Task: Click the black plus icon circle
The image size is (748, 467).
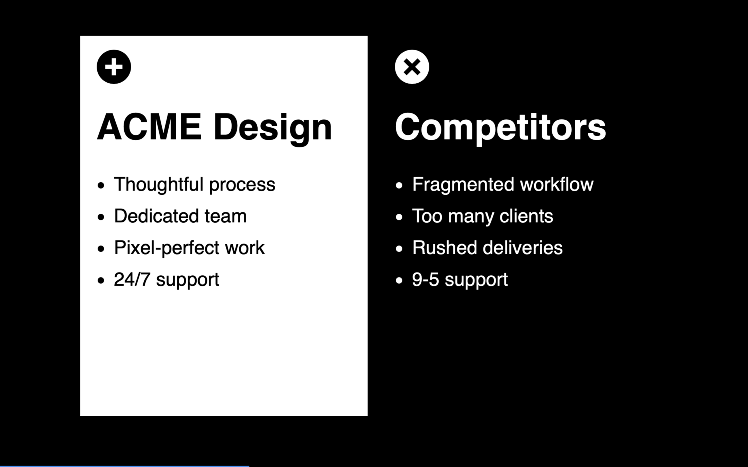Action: pyautogui.click(x=114, y=67)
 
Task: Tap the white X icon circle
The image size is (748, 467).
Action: pyautogui.click(x=412, y=67)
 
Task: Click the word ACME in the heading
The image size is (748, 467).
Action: pyautogui.click(x=149, y=127)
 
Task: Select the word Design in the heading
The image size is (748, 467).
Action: pyautogui.click(x=273, y=129)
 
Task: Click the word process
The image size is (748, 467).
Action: pyautogui.click(x=242, y=186)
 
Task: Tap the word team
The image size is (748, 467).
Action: pyautogui.click(x=225, y=217)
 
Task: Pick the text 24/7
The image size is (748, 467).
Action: pyautogui.click(x=132, y=280)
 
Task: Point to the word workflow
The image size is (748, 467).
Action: pyautogui.click(x=557, y=184)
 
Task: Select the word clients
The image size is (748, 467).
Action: pyautogui.click(x=526, y=216)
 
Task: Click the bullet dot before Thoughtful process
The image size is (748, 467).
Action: pyautogui.click(x=101, y=185)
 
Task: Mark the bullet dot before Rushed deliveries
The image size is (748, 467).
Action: pyautogui.click(x=399, y=249)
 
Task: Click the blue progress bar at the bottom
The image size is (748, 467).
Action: pyautogui.click(x=125, y=466)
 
